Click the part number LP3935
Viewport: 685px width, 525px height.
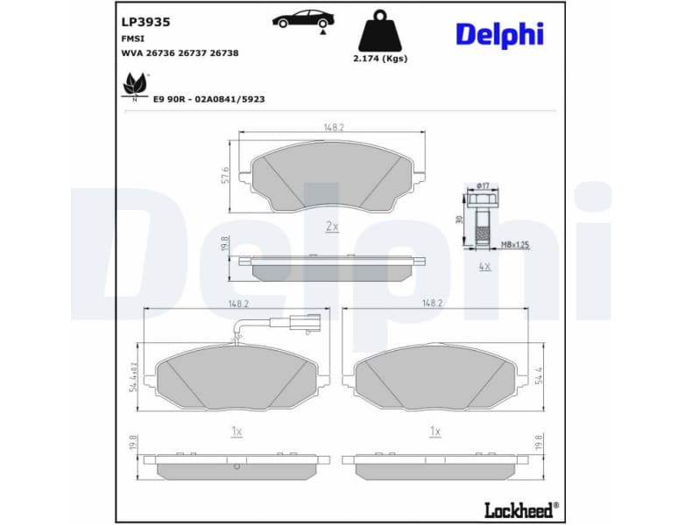146,21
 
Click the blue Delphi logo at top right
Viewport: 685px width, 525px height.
499,34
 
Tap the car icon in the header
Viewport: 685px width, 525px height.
302,18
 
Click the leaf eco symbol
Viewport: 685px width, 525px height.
134,85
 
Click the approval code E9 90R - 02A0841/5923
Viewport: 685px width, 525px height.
208,100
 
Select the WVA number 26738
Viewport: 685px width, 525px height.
225,52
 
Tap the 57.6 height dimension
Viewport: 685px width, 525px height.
225,175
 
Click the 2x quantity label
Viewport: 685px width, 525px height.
331,226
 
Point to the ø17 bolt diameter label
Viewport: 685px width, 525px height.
482,185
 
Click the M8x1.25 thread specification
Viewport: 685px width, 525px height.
515,246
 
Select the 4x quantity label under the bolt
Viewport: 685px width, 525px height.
484,265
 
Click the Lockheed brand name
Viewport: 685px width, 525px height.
520,509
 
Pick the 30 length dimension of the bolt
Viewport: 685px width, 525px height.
459,220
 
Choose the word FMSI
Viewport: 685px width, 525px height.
132,39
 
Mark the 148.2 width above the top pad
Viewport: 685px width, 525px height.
333,127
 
